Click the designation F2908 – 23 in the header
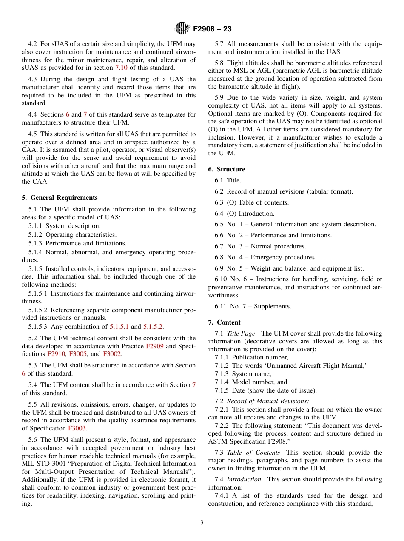(x=212, y=29)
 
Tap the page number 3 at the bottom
(x=202, y=522)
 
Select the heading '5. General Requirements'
(x=60, y=198)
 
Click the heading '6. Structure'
(x=226, y=169)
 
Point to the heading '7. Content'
(x=224, y=322)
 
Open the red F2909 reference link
(x=155, y=346)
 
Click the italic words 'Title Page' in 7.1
(x=240, y=333)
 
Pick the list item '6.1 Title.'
(x=228, y=181)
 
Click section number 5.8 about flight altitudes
(x=219, y=63)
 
